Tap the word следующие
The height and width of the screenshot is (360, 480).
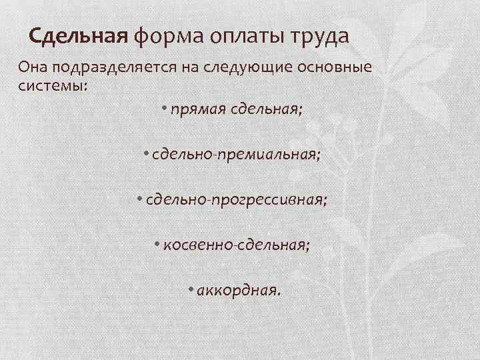(250, 69)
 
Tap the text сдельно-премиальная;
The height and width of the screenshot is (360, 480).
(236, 155)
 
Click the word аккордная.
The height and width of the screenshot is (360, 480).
(239, 291)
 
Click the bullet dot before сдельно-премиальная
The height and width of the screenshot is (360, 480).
(146, 153)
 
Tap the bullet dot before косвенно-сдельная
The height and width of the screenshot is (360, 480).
(155, 245)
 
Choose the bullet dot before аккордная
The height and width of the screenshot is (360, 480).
(191, 289)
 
